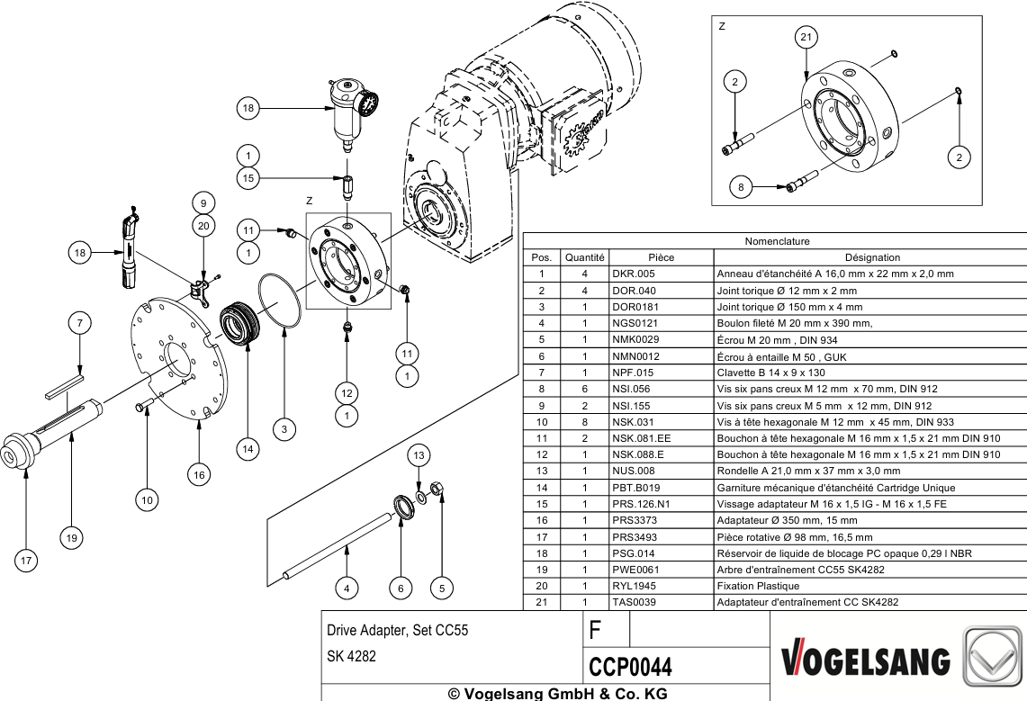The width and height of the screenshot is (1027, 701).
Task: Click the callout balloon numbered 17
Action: [x=26, y=561]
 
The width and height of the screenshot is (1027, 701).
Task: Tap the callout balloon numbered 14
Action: [x=248, y=449]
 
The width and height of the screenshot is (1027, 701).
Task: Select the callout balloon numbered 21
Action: [x=806, y=37]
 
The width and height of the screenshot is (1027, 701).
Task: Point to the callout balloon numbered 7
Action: [x=80, y=323]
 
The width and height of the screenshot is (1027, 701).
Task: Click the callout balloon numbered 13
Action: [x=419, y=455]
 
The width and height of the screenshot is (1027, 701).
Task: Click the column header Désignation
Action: [x=872, y=258]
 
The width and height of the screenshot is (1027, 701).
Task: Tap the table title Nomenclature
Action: [x=777, y=241]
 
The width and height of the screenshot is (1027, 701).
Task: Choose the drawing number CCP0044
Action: [x=630, y=667]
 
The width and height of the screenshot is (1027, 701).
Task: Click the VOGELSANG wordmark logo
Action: [x=865, y=661]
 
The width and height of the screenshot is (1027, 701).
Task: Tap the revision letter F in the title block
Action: [x=595, y=630]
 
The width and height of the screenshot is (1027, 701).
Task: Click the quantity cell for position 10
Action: [x=584, y=422]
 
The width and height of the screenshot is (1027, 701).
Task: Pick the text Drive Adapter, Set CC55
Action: [x=398, y=630]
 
